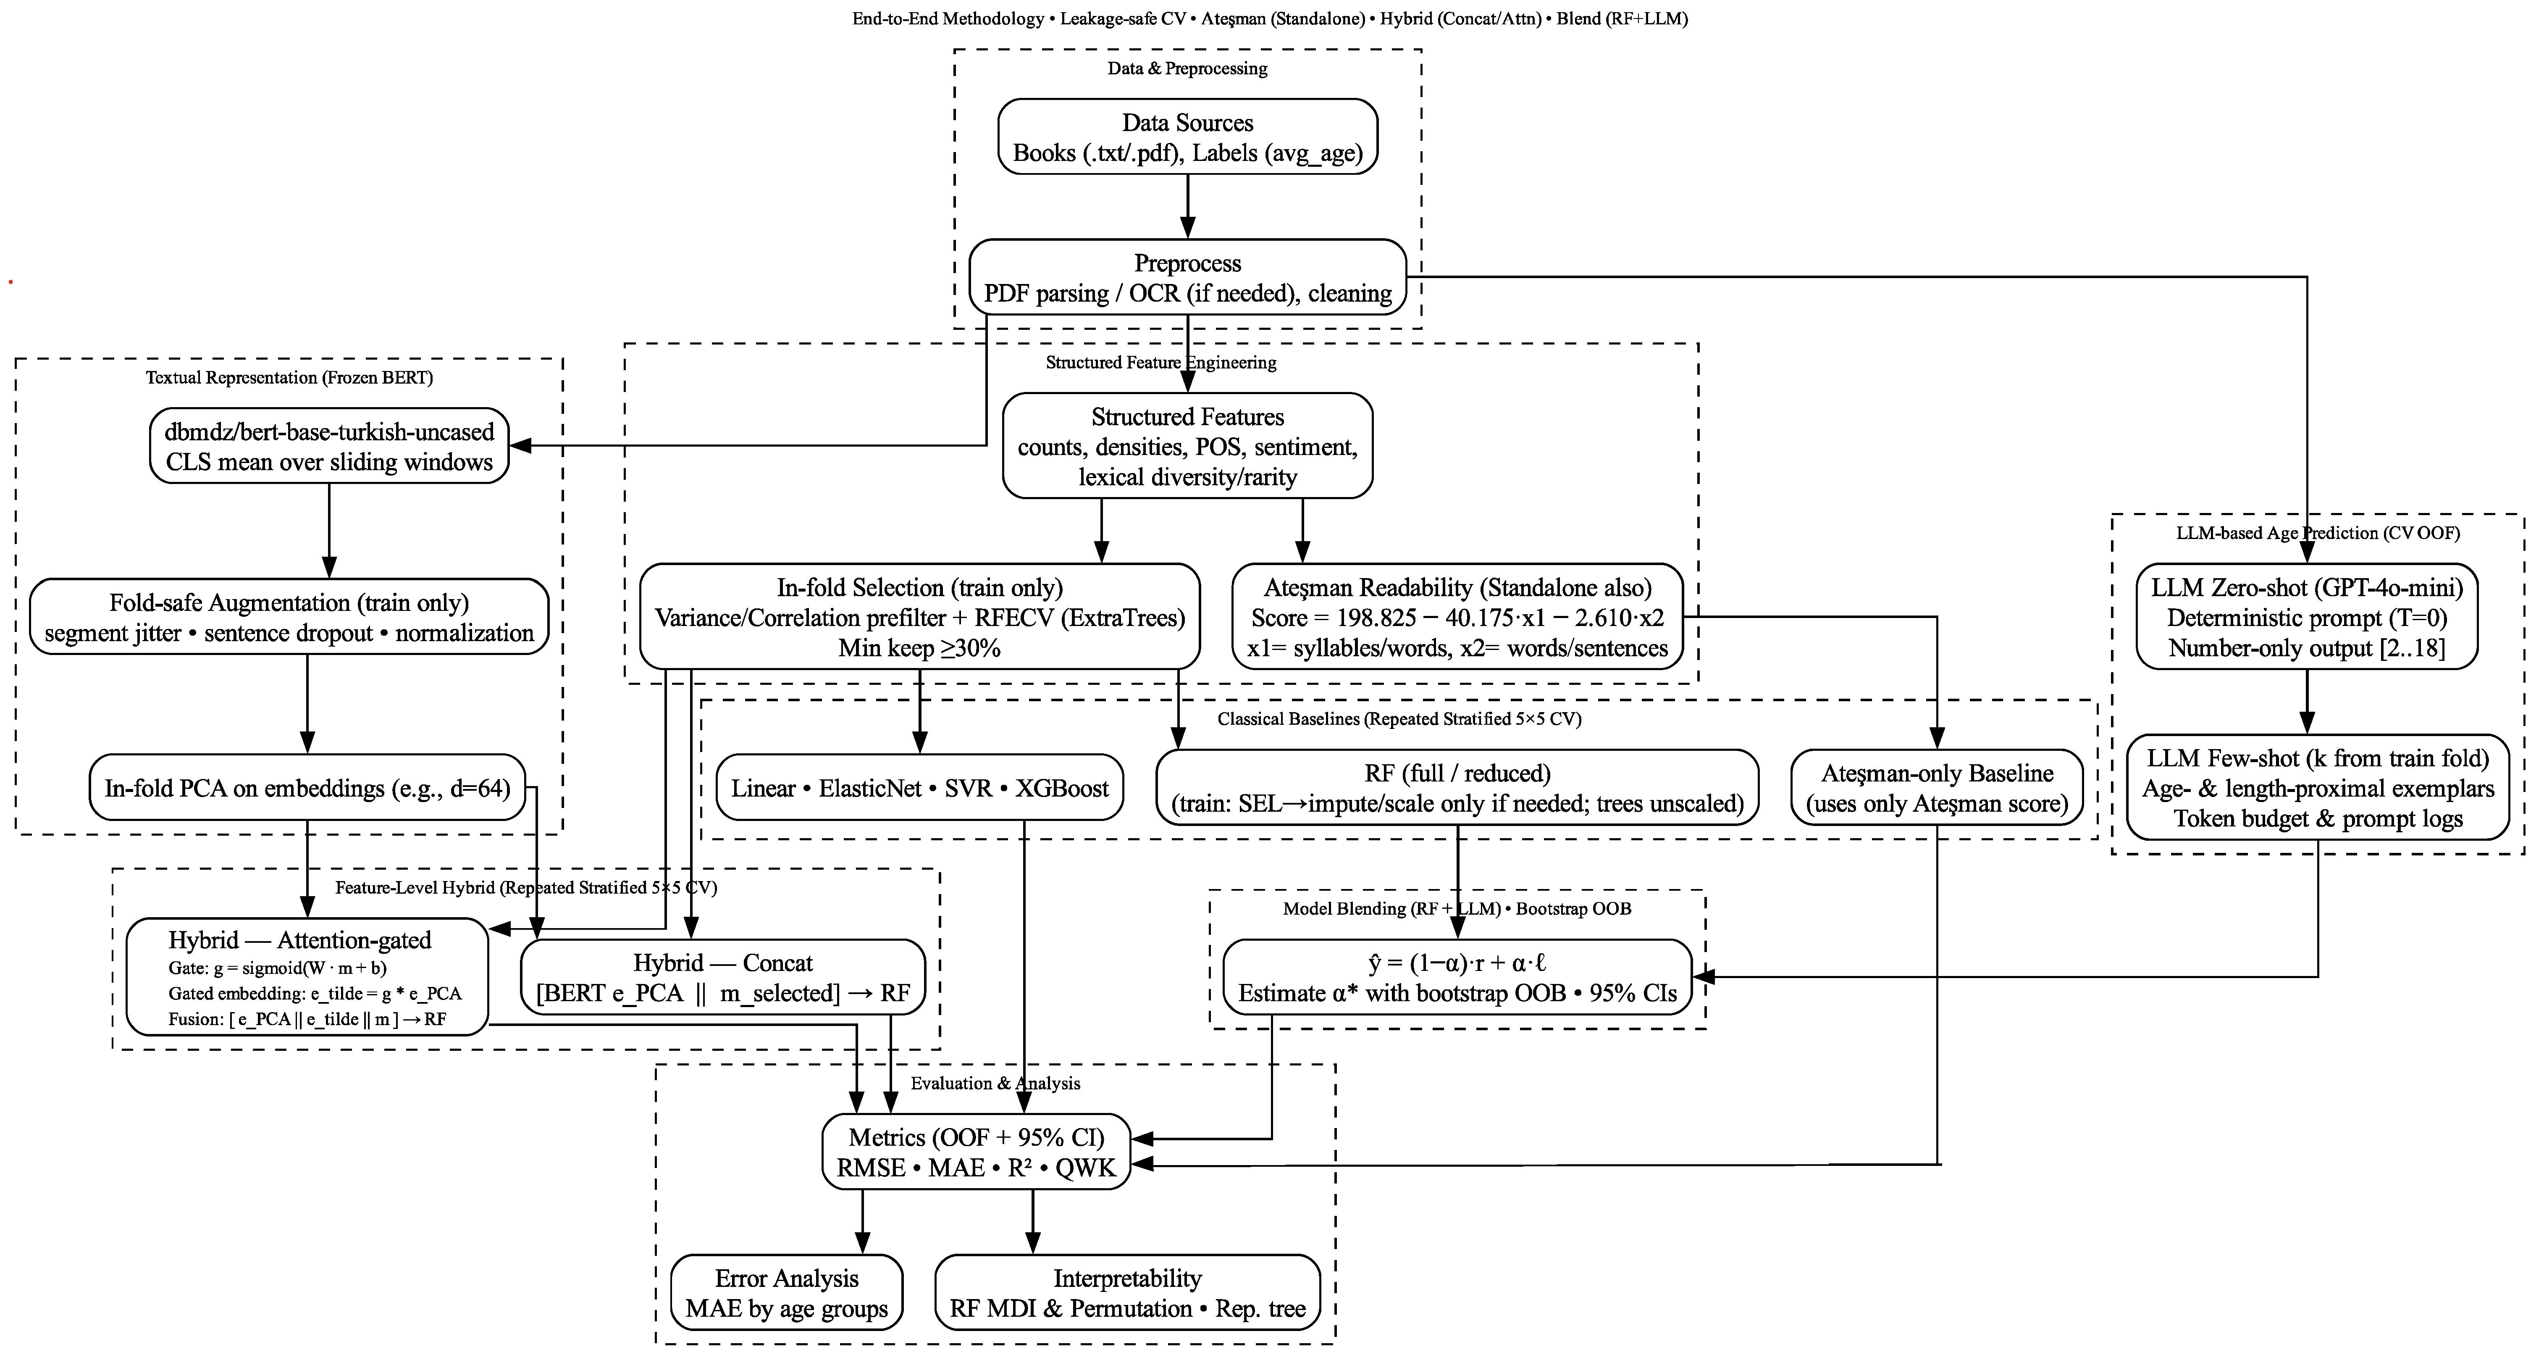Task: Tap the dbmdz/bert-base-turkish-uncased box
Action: (329, 447)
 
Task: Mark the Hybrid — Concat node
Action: (723, 978)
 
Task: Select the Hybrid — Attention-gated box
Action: (307, 978)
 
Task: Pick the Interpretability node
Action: (1127, 1293)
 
